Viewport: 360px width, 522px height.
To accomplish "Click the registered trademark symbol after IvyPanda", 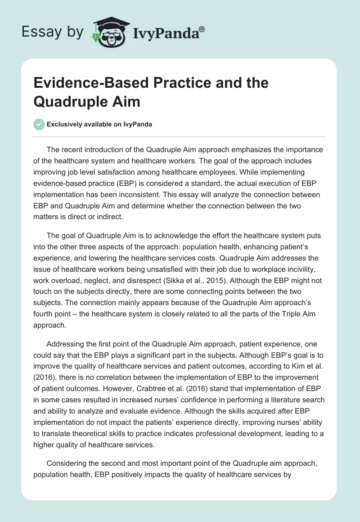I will click(202, 29).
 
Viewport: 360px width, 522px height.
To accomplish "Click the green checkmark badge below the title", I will click(39, 124).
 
